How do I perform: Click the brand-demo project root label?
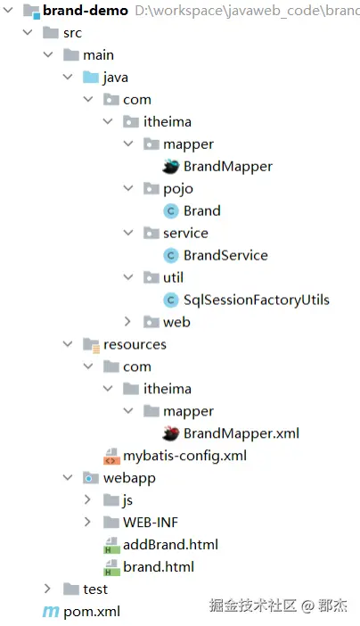(86, 11)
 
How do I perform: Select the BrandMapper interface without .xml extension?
(228, 167)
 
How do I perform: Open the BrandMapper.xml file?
(241, 433)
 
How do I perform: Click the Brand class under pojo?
(202, 210)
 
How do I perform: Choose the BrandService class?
(225, 256)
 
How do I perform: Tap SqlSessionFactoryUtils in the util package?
(257, 300)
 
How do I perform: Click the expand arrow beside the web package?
(127, 321)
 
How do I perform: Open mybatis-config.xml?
(184, 456)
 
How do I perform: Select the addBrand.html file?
(170, 545)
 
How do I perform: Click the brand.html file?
(159, 567)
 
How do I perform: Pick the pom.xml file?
(92, 612)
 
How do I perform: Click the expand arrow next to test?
(47, 589)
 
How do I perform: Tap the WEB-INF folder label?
(151, 523)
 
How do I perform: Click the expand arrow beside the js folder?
(88, 499)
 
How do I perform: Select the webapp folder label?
(129, 478)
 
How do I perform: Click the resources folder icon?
(91, 345)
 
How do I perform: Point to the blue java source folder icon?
(91, 77)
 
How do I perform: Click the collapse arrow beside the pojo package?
(128, 188)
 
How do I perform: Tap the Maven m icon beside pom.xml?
(51, 612)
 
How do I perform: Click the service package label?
(185, 233)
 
